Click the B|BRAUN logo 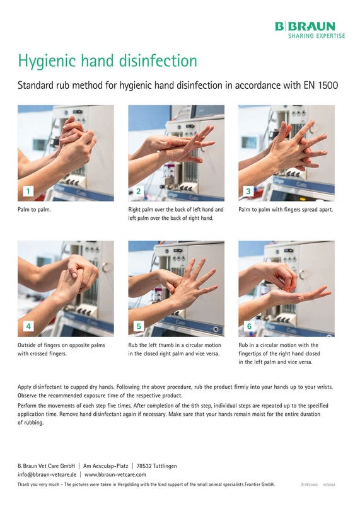[305, 26]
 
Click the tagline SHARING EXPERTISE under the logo [316, 36]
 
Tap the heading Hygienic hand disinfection [108, 61]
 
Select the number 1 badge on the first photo [28, 191]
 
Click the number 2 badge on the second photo [139, 191]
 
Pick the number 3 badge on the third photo [248, 191]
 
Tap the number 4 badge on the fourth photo [28, 326]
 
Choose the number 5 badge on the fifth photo [139, 326]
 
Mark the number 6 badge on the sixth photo [249, 326]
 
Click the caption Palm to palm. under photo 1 [34, 210]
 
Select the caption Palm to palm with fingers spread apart [286, 210]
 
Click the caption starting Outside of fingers [61, 349]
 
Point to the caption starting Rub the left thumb [175, 349]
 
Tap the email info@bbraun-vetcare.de [47, 474]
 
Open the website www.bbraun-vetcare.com [115, 474]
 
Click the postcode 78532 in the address [144, 466]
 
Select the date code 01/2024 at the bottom [329, 484]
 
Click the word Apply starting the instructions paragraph [25, 387]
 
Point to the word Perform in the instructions [27, 406]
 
